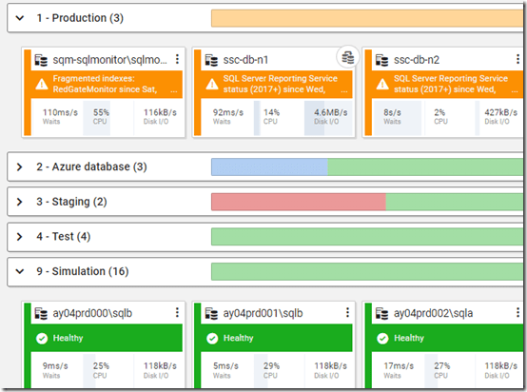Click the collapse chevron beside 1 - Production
point(19,18)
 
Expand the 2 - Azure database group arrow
point(19,167)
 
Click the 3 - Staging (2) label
point(71,202)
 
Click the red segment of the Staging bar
point(298,202)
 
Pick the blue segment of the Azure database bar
point(269,167)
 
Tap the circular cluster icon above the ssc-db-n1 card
point(348,57)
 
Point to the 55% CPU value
point(101,112)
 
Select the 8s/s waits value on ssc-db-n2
point(390,112)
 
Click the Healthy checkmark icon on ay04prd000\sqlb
point(40,338)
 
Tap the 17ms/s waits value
point(396,366)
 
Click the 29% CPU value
point(272,366)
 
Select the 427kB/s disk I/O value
point(500,112)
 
